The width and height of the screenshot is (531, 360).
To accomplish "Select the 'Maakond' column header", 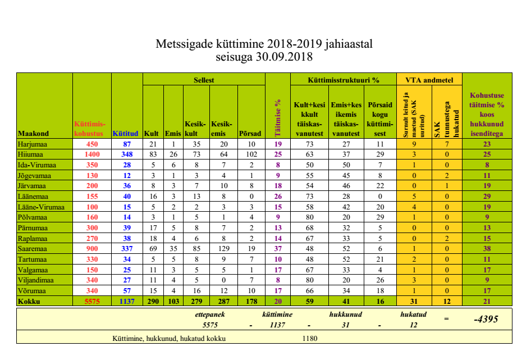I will click(x=34, y=134).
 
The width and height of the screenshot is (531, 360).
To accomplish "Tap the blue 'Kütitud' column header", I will click(x=125, y=134).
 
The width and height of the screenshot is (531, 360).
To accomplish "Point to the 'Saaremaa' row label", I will click(x=33, y=249).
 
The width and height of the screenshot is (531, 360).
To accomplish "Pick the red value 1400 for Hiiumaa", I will click(x=92, y=154).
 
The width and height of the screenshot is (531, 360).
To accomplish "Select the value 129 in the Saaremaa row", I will click(x=223, y=249).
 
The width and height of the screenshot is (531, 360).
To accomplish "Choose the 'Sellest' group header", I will click(x=204, y=80).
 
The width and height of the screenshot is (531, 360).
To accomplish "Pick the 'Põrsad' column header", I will click(x=250, y=134).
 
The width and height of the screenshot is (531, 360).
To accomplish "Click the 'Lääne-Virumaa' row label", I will click(x=41, y=207).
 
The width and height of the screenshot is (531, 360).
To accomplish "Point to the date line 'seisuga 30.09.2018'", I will click(x=264, y=57).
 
